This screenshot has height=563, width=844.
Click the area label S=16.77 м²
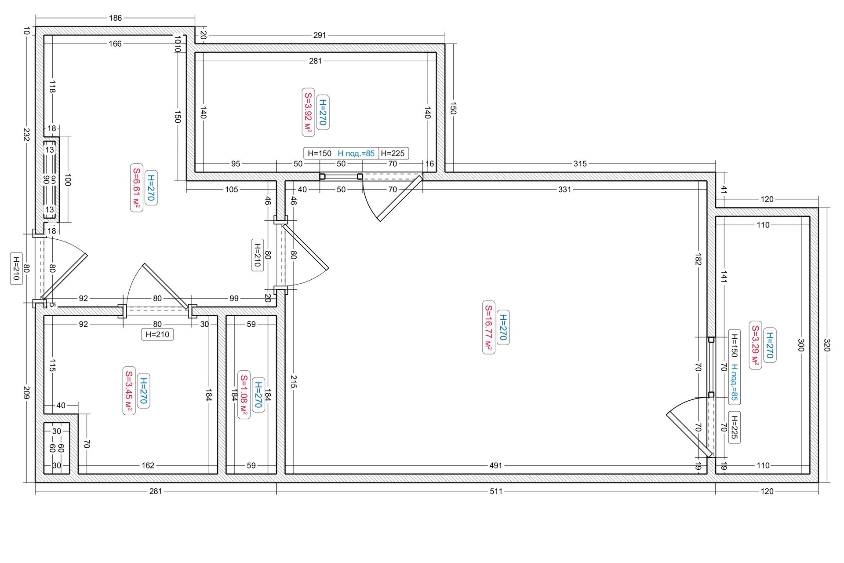[x=489, y=328]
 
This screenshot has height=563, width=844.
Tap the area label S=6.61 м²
[x=137, y=188]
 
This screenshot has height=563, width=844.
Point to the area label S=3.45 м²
[x=129, y=391]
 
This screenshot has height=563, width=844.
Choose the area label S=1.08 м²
[x=244, y=395]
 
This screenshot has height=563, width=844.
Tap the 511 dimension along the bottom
[x=496, y=491]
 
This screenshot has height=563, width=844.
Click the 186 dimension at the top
[x=115, y=18]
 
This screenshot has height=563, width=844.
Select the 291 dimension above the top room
[x=320, y=35]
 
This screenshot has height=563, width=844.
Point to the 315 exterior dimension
[x=580, y=164]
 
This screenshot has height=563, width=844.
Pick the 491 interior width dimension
[x=495, y=465]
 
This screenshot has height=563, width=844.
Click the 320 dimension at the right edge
[x=826, y=345]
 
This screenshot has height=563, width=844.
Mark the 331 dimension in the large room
[x=564, y=190]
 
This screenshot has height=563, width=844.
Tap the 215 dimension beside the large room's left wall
[x=294, y=381]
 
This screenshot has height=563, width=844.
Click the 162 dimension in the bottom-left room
[x=148, y=465]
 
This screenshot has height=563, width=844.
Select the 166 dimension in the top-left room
[x=115, y=44]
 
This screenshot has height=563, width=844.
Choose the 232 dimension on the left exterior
[x=26, y=135]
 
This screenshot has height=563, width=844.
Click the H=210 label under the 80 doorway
[x=157, y=334]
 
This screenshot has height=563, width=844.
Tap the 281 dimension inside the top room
[x=315, y=61]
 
